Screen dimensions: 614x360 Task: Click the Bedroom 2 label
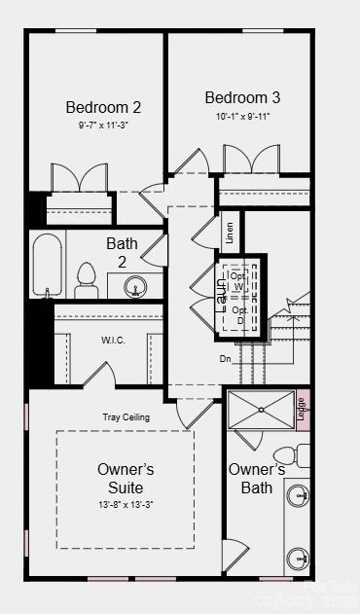103,107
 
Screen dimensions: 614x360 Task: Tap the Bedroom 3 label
242,97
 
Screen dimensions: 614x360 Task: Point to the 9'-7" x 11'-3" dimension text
103,126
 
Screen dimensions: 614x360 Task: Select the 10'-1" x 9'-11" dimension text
242,116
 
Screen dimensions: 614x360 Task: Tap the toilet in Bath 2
87,279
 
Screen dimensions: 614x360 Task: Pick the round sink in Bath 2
135,286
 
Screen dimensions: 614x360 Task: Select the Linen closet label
230,232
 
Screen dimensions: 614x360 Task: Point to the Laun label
222,291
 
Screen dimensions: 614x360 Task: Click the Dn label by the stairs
226,357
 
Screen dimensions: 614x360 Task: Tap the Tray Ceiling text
126,417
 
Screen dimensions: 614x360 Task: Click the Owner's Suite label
126,478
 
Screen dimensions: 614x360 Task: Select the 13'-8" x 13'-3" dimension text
126,504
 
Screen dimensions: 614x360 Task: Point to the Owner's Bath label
257,478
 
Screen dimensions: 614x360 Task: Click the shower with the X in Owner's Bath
261,410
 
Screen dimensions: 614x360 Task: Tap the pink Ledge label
301,410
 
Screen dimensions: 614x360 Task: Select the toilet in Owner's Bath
289,455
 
